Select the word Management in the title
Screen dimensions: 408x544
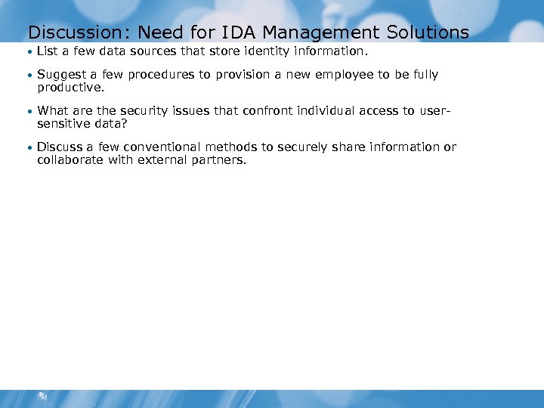[x=317, y=32]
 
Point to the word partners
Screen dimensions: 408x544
[x=219, y=159]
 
